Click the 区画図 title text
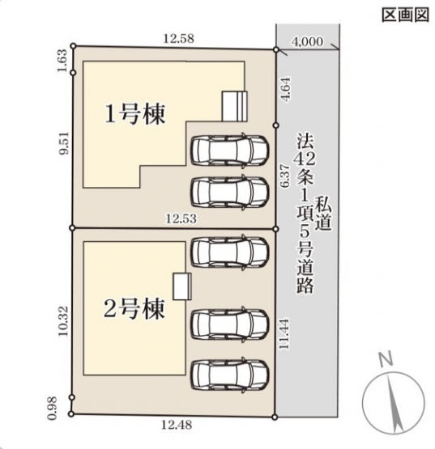click(x=405, y=15)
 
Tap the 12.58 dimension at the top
click(x=179, y=38)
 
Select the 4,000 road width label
click(x=307, y=42)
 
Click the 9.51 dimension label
click(x=63, y=143)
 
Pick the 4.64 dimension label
click(x=286, y=88)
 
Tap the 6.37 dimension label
click(x=286, y=176)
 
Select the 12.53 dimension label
click(x=181, y=218)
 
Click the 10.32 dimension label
click(x=63, y=321)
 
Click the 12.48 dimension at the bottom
click(x=177, y=425)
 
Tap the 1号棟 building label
click(x=135, y=115)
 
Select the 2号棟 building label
click(x=134, y=309)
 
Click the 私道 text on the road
click(x=324, y=213)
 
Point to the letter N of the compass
click(x=386, y=360)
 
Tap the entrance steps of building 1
click(x=235, y=106)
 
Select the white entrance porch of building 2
click(x=182, y=286)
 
